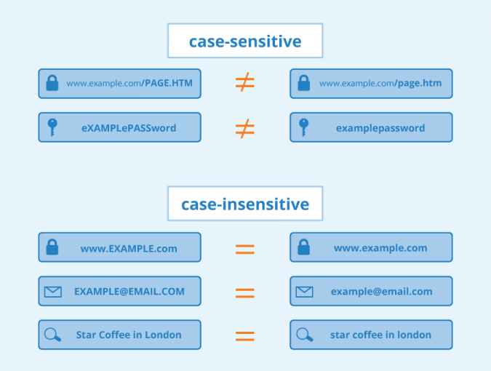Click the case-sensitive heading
244,41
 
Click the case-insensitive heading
244,204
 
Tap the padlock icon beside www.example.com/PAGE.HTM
52,84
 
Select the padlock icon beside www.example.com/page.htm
304,84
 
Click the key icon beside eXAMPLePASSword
52,127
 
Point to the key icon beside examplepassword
304,127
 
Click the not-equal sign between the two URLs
245,83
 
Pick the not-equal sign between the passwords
245,128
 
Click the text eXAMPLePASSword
129,128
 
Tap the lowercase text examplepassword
380,128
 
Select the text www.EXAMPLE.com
129,248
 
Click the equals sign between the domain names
245,249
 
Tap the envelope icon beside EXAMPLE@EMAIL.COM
53,292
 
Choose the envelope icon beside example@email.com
304,292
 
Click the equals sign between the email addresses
245,292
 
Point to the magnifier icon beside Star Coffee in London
53,335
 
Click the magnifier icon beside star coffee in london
304,335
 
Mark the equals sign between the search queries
245,336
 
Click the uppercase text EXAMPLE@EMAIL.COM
129,292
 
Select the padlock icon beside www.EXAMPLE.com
52,247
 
